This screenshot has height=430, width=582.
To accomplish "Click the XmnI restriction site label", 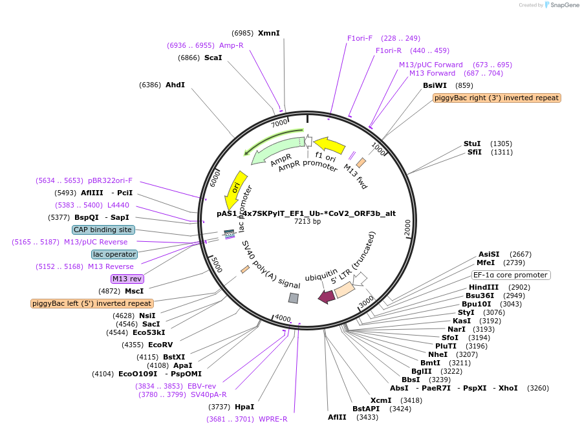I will (268, 33).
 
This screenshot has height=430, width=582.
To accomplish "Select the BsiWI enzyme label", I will (435, 85).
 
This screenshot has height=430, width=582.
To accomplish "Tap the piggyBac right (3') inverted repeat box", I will (497, 98).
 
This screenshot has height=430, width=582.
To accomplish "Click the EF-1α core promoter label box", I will (511, 275).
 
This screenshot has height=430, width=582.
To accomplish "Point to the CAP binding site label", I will (103, 230).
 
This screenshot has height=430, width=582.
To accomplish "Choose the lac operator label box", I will (114, 254).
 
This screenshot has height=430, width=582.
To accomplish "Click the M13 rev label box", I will (127, 279).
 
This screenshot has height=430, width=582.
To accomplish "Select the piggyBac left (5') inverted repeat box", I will (92, 303).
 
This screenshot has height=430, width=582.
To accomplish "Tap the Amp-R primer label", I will (231, 45).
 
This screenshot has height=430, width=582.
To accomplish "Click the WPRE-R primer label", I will (273, 419).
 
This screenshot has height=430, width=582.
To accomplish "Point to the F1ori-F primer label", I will (360, 38).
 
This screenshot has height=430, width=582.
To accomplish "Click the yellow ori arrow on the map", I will (237, 189).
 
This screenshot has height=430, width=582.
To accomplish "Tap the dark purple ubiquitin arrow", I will (326, 296).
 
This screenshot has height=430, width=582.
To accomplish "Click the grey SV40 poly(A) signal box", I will (294, 298).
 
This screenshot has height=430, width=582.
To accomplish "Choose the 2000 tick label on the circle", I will (407, 227).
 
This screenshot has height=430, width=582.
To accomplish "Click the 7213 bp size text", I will (307, 221).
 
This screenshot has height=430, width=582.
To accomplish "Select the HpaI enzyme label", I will (244, 407).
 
